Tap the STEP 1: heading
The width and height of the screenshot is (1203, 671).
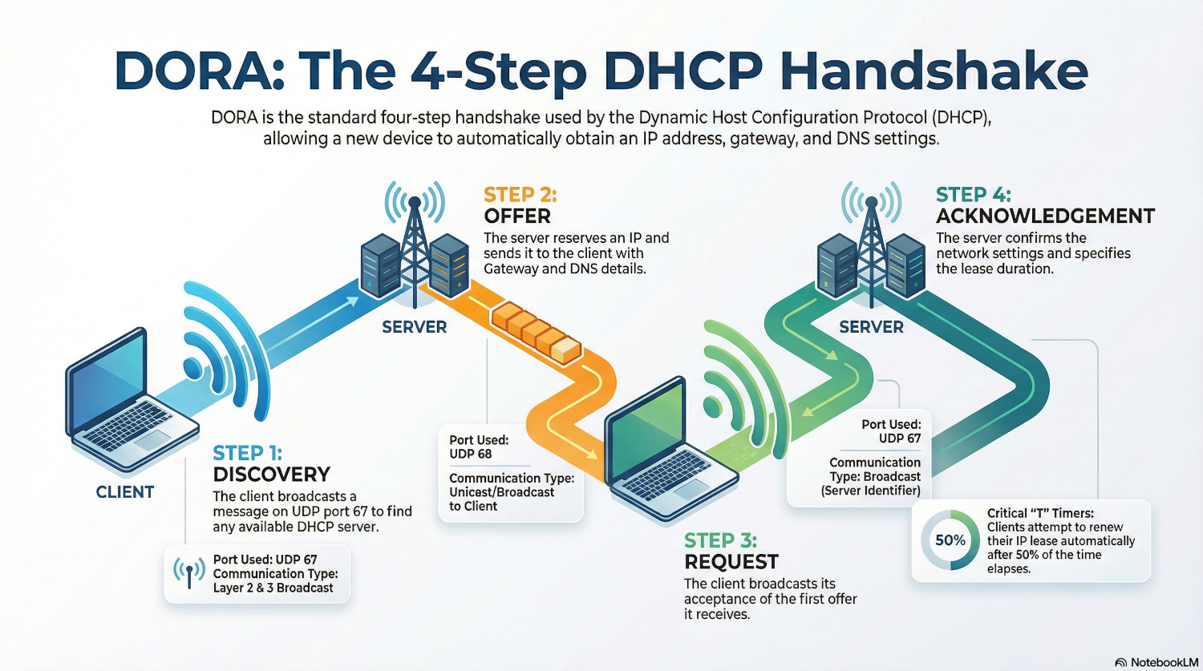click(247, 453)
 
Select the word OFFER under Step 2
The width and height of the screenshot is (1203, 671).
click(517, 216)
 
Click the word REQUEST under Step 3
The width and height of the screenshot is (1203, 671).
click(731, 561)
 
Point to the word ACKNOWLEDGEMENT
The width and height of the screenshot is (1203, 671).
click(1045, 216)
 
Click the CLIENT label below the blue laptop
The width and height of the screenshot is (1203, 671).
click(124, 491)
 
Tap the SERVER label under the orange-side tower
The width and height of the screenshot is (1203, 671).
click(414, 327)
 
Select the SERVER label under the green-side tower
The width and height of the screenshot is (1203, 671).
click(871, 327)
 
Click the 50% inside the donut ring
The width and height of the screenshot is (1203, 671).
click(950, 540)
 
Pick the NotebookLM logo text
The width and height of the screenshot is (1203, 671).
click(1164, 662)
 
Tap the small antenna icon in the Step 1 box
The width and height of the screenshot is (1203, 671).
click(189, 572)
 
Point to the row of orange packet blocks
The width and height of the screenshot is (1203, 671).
click(536, 331)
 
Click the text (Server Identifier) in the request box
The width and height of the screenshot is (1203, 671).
click(870, 491)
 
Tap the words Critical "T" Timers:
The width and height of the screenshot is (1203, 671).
click(1040, 513)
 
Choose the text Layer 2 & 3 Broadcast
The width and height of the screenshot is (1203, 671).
click(273, 588)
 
